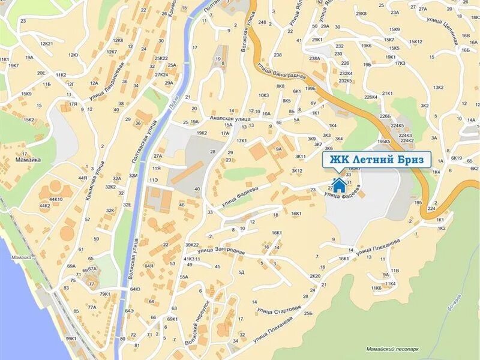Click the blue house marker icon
pos(339,184)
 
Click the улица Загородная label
pos(221,250)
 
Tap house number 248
pos(262,23)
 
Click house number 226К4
pos(370,96)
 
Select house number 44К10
pos(56,199)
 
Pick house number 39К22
pos(192,245)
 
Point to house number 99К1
pos(71,338)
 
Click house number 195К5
pos(384,142)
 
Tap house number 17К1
pos(242,141)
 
